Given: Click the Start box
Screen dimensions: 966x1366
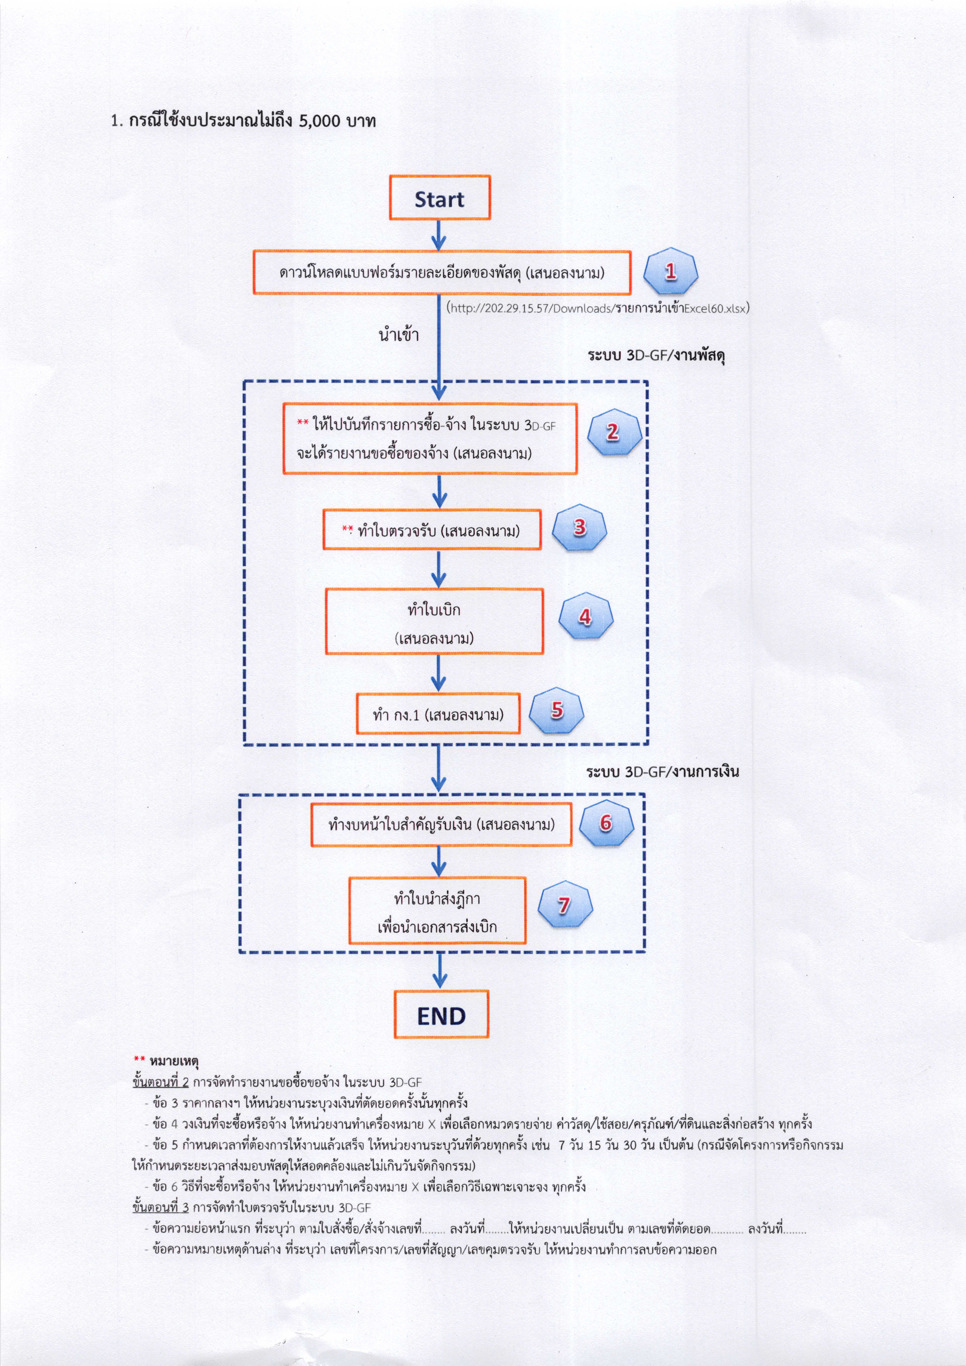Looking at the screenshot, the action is coord(440,198).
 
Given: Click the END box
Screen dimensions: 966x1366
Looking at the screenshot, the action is coord(441,1014).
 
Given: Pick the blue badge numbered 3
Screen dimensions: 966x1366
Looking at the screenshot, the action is coord(579,527).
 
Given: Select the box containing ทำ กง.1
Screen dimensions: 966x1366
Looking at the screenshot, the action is coord(438,713).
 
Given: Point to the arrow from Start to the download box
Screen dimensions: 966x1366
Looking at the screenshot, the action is coord(439,235).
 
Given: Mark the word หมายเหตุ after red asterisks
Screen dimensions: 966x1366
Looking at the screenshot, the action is coord(174,1061).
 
